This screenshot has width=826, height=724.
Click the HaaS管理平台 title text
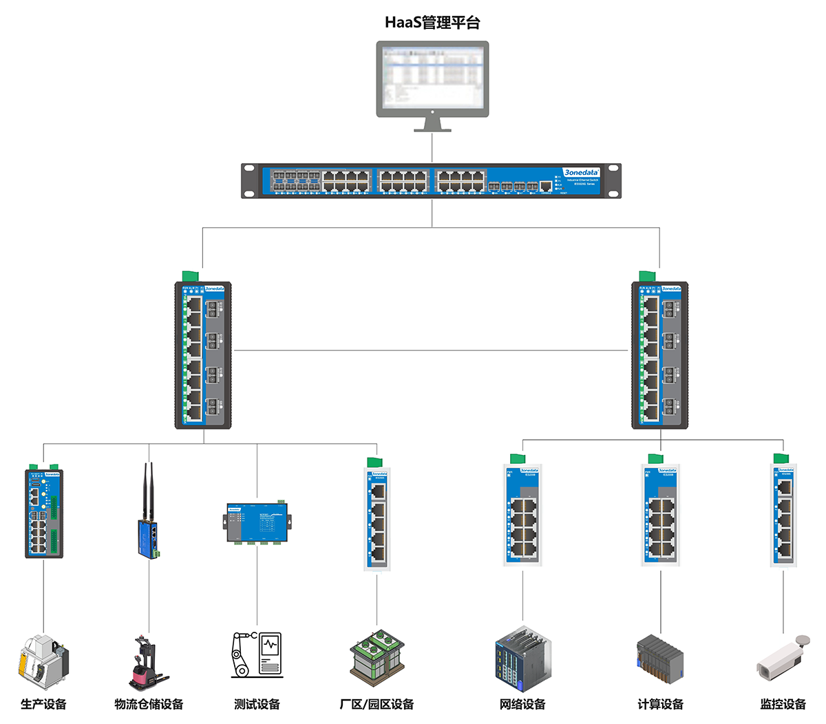pos(432,22)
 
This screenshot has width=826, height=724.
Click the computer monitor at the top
pos(432,79)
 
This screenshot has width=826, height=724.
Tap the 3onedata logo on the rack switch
pos(581,172)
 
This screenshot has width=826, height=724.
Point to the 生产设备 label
pos(43,704)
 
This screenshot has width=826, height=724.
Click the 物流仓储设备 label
pos(149,704)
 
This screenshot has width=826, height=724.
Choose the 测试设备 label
pos(257,704)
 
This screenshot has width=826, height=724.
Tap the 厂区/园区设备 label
pos(377,704)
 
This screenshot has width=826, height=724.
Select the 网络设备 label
pos(522,704)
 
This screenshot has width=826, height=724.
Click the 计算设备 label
pos(660,704)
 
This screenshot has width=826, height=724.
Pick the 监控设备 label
pos(783,704)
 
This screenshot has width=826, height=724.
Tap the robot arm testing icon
pos(256,654)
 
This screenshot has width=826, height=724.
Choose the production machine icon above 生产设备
pos(43,659)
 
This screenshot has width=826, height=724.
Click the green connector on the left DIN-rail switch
pos(190,276)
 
